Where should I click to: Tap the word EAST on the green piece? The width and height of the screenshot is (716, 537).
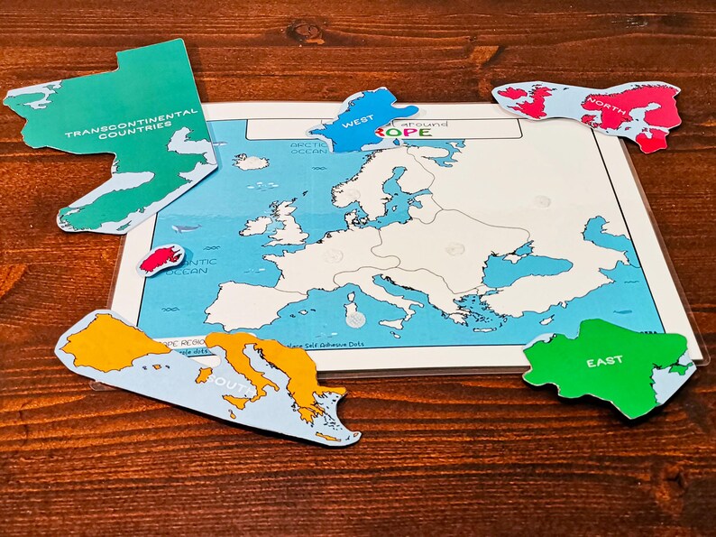tap(604, 362)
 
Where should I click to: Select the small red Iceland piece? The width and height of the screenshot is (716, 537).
tap(161, 260)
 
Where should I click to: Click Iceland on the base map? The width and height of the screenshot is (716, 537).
tap(251, 162)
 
